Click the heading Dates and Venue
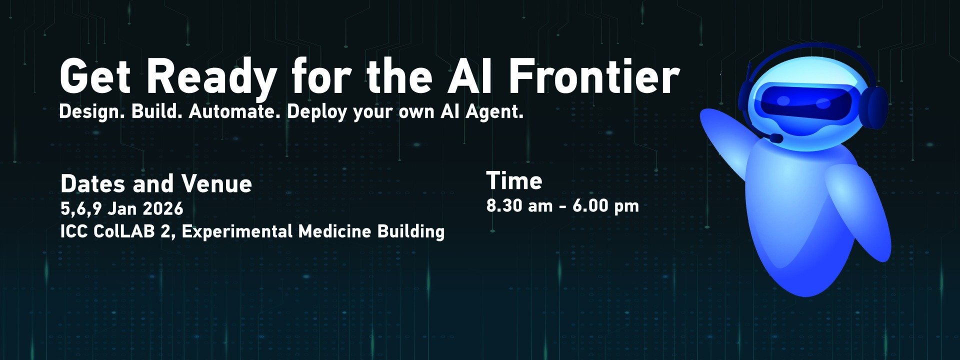coord(156,184)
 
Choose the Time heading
coord(514,181)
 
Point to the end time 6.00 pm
coord(605,205)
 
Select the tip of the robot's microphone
coord(775,137)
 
